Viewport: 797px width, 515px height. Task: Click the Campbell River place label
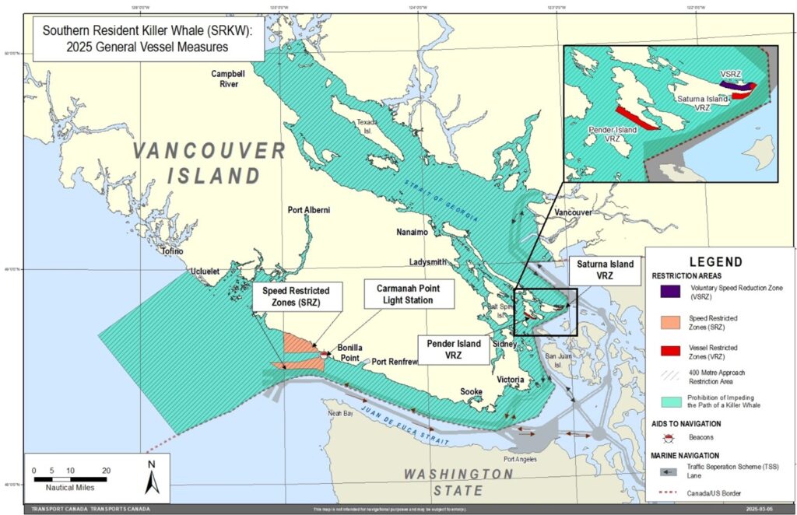coord(229,79)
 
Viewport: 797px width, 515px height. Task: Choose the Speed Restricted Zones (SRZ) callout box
coord(291,296)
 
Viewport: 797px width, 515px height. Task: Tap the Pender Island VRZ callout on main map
coord(453,349)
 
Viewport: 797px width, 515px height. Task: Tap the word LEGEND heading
coord(715,262)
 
